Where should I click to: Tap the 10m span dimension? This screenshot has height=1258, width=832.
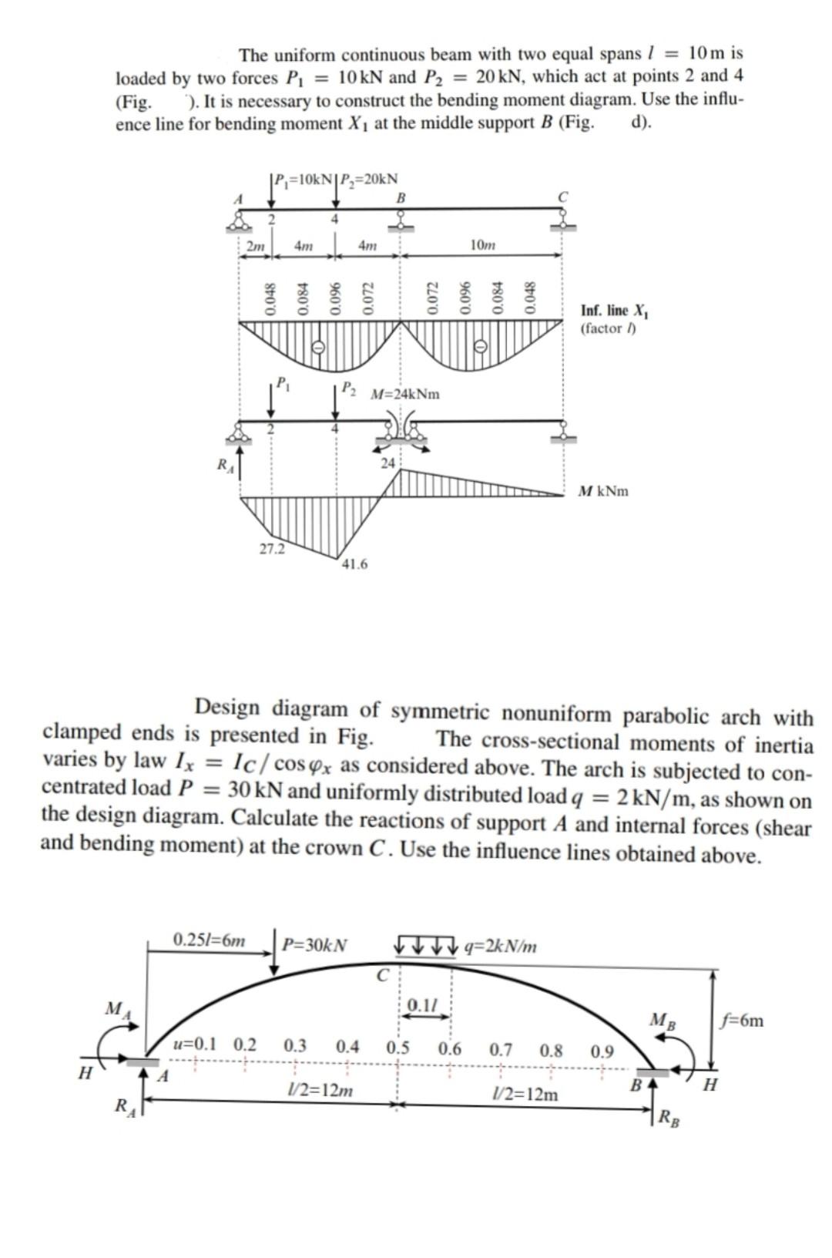point(482,245)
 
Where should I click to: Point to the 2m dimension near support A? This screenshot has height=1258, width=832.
point(255,246)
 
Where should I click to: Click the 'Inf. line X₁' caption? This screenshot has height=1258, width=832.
point(615,311)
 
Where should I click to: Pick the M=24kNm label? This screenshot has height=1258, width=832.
point(405,394)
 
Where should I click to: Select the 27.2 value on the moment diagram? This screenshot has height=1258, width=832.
point(271,549)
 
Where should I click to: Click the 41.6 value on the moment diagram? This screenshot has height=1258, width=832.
point(354,564)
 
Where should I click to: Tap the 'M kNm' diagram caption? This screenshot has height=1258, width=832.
point(603,491)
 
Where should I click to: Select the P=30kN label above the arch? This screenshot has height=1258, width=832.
point(314,944)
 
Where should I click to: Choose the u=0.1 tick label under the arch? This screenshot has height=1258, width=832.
point(195,1045)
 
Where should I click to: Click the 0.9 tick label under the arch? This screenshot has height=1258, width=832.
point(602,1051)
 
